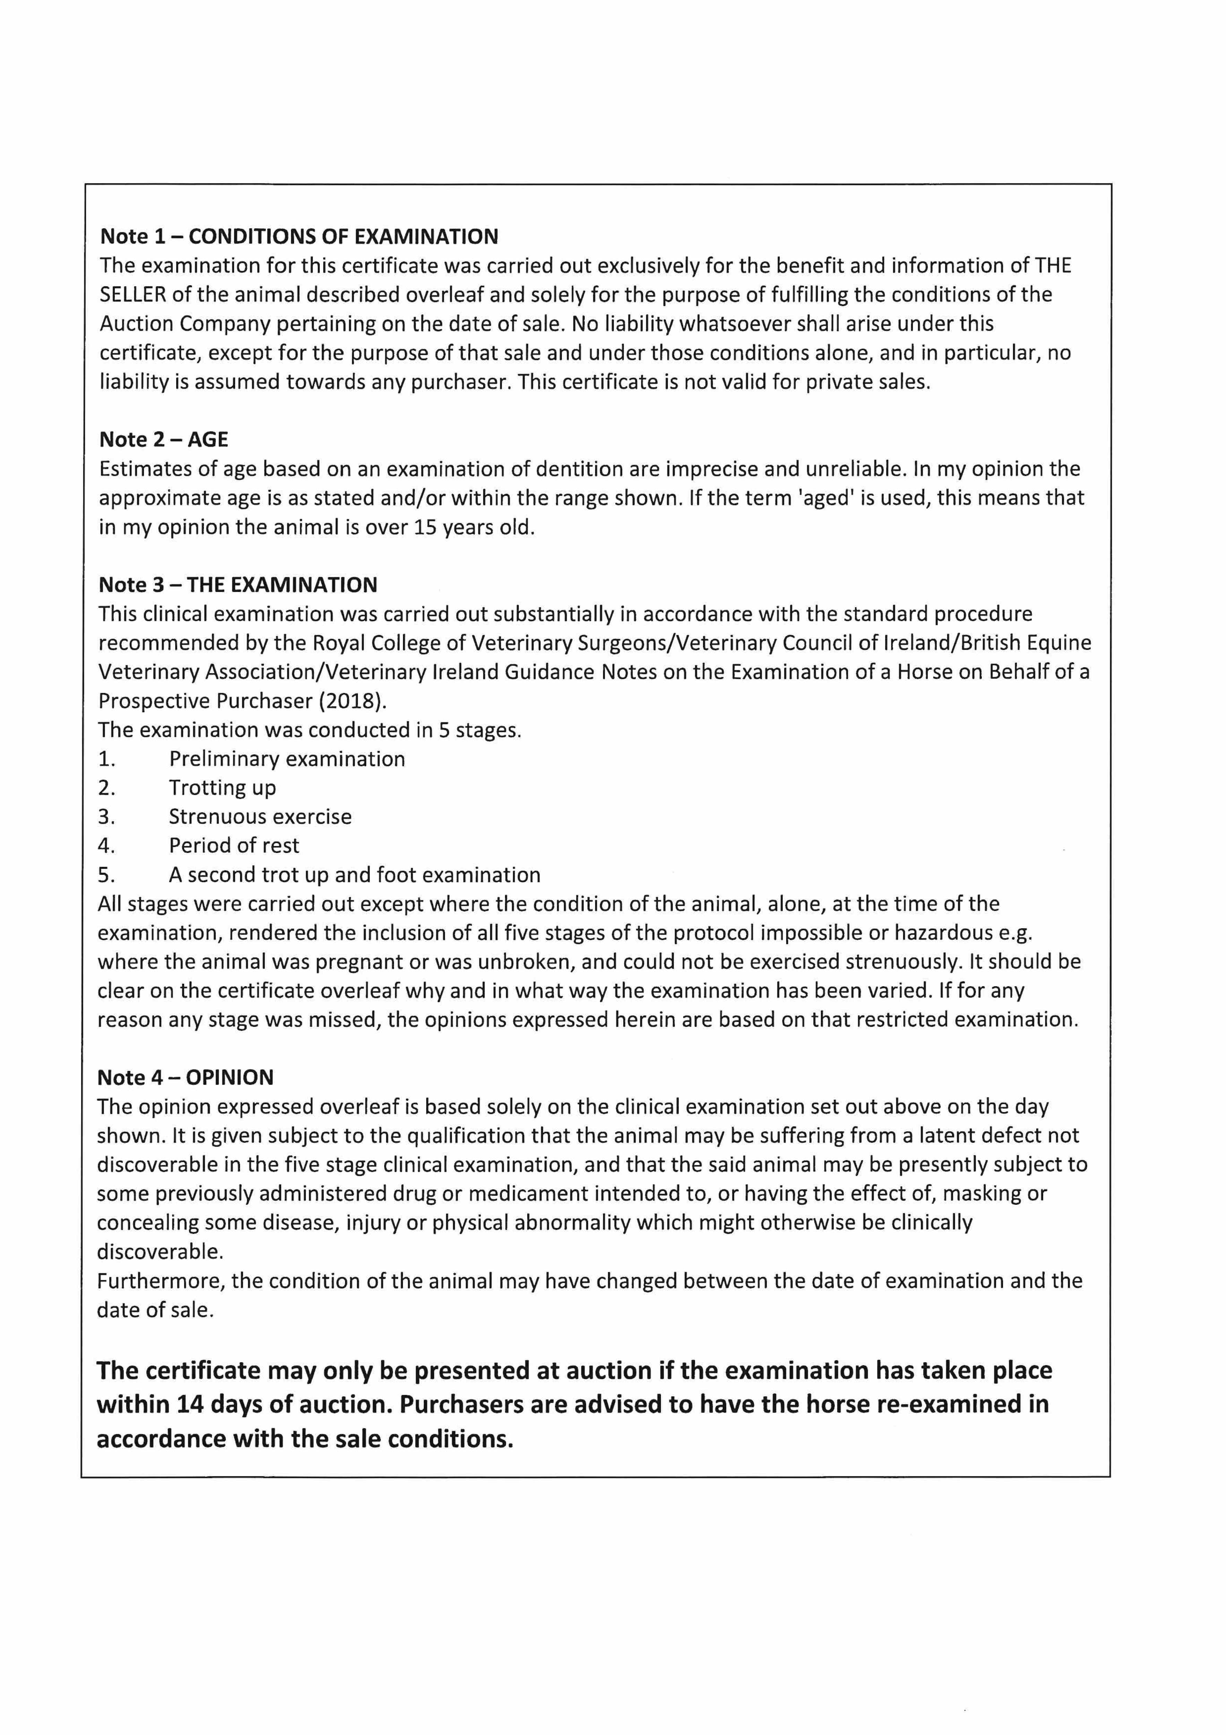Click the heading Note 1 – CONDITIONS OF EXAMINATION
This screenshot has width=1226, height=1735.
[x=299, y=237]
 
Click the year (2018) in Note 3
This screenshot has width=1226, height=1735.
[x=352, y=701]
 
